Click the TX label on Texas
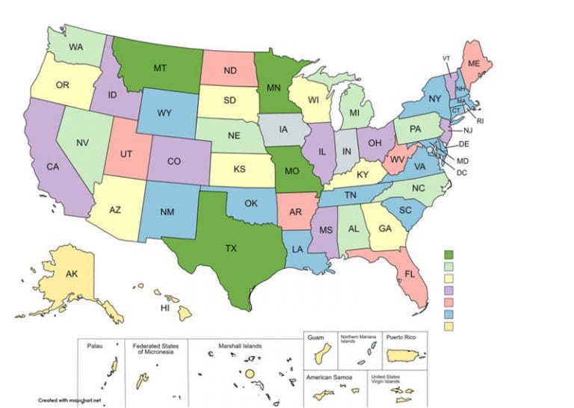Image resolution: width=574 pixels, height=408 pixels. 231,248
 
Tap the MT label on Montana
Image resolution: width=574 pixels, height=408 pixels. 160,68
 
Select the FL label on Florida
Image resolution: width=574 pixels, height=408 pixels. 410,274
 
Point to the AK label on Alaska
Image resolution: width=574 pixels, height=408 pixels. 72,274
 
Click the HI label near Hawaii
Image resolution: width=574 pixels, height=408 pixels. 166,308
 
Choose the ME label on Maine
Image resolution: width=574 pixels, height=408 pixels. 474,64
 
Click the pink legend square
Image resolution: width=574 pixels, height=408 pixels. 449,302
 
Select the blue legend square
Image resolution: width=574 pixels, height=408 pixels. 449,314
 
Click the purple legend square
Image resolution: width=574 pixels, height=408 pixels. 449,291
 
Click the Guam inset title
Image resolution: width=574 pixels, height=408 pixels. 316,338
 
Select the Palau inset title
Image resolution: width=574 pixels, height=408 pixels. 93,346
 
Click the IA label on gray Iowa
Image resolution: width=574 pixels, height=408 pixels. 284,129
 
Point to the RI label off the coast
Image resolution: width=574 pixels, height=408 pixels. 481,120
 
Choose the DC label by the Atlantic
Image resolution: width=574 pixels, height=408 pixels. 462,173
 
